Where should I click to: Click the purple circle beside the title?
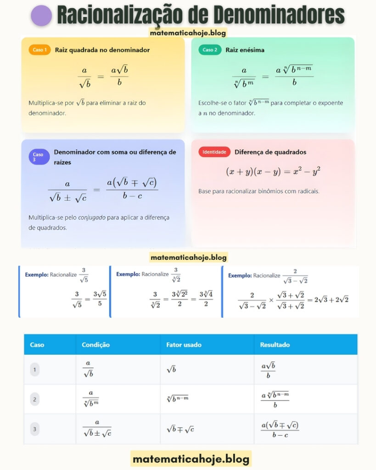point(41,16)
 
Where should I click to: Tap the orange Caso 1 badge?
point(39,50)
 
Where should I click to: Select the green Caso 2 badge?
point(210,50)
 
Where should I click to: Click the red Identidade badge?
point(214,152)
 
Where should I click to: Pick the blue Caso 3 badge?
point(38,157)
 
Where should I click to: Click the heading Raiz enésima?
point(245,50)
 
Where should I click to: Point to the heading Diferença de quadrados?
point(270,152)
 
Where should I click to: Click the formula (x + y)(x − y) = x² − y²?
point(273,171)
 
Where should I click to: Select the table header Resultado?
point(275,345)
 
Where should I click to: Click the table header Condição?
point(95,345)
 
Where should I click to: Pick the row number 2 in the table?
point(35,399)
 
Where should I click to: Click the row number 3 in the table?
point(35,429)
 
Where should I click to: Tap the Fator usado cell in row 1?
point(171,369)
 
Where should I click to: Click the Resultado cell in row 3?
point(280,429)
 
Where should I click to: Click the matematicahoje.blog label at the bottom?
point(191,459)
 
